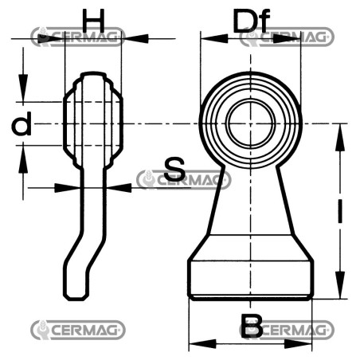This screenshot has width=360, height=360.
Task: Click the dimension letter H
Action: [x=93, y=19]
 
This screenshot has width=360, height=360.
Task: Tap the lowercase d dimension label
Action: [x=22, y=123]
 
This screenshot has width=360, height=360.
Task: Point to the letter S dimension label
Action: [x=174, y=169]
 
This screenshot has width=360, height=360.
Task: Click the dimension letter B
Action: [x=252, y=326]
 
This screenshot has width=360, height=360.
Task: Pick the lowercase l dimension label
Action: [x=340, y=211]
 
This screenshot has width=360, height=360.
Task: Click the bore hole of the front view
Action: [x=250, y=124]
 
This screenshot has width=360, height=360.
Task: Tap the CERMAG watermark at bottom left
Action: [x=78, y=330]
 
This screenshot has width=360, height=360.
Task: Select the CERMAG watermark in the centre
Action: [x=184, y=180]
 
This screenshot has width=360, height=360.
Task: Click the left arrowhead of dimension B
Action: [x=202, y=344]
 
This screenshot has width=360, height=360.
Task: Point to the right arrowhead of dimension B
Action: [x=298, y=344]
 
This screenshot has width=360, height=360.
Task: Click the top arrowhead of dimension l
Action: [x=340, y=138]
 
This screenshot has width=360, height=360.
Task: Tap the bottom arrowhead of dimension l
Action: [x=340, y=284]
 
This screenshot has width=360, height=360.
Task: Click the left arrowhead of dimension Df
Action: [x=214, y=38]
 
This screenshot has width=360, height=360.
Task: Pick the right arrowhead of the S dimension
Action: [x=119, y=188]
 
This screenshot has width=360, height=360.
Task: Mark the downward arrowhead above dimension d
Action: [x=23, y=88]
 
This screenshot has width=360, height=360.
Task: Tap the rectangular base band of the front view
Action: [x=250, y=278]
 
